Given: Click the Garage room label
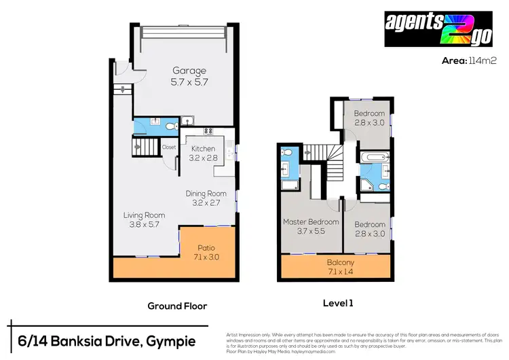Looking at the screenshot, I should click(189, 71).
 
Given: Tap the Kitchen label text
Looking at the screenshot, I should click(203, 149).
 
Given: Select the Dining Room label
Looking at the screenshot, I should click(206, 193).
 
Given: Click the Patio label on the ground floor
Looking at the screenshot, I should click(206, 248).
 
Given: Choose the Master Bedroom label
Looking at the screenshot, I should click(310, 222).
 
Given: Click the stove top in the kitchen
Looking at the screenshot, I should click(209, 132).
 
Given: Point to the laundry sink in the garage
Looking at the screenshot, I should click(187, 122).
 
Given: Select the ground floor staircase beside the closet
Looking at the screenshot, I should click(145, 146).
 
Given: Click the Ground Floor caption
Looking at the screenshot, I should click(177, 306).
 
